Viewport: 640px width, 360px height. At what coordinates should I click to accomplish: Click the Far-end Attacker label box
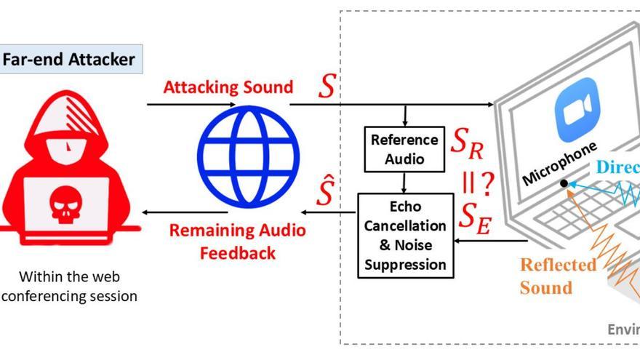pyautogui.click(x=70, y=59)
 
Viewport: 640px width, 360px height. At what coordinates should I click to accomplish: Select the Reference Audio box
pyautogui.click(x=404, y=148)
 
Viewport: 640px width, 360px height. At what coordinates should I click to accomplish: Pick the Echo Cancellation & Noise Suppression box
pyautogui.click(x=405, y=236)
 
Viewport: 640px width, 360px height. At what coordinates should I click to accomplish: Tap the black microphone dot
pyautogui.click(x=564, y=183)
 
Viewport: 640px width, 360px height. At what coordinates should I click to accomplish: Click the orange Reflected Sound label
pyautogui.click(x=557, y=276)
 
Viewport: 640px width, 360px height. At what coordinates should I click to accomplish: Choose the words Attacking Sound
pyautogui.click(x=228, y=87)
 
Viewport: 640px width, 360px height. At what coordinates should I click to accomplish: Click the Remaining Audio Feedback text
pyautogui.click(x=238, y=241)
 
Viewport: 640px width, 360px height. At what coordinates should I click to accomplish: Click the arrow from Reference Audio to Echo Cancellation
pyautogui.click(x=404, y=183)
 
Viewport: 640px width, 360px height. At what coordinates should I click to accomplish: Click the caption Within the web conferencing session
pyautogui.click(x=69, y=286)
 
